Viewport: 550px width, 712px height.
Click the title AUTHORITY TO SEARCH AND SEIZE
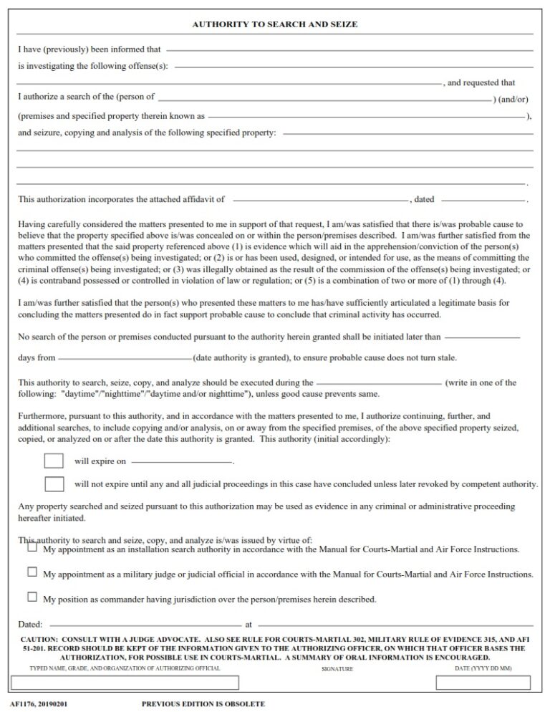click(x=275, y=24)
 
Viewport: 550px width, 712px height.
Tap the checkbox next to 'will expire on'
click(x=54, y=461)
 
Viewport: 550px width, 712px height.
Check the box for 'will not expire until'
click(x=54, y=484)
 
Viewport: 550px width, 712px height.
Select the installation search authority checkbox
click(x=32, y=547)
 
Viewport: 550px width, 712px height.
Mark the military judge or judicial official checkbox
click(x=32, y=572)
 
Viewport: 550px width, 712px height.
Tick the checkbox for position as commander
click(x=32, y=597)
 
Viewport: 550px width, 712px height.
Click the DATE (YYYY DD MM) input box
click(x=483, y=682)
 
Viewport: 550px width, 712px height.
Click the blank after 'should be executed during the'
click(x=379, y=383)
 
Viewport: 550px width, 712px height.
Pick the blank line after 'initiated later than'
click(x=482, y=337)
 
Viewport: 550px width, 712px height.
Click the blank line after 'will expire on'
click(x=182, y=461)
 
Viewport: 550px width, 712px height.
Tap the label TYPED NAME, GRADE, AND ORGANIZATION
click(x=125, y=668)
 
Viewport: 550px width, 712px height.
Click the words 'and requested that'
click(x=480, y=83)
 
